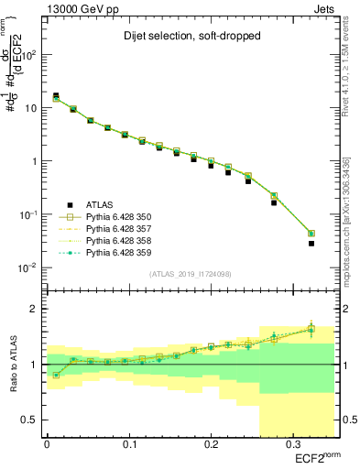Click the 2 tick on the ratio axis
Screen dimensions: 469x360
(x=35, y=310)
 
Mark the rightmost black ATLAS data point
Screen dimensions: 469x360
(x=311, y=244)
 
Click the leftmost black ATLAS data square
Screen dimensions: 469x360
(x=56, y=95)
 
